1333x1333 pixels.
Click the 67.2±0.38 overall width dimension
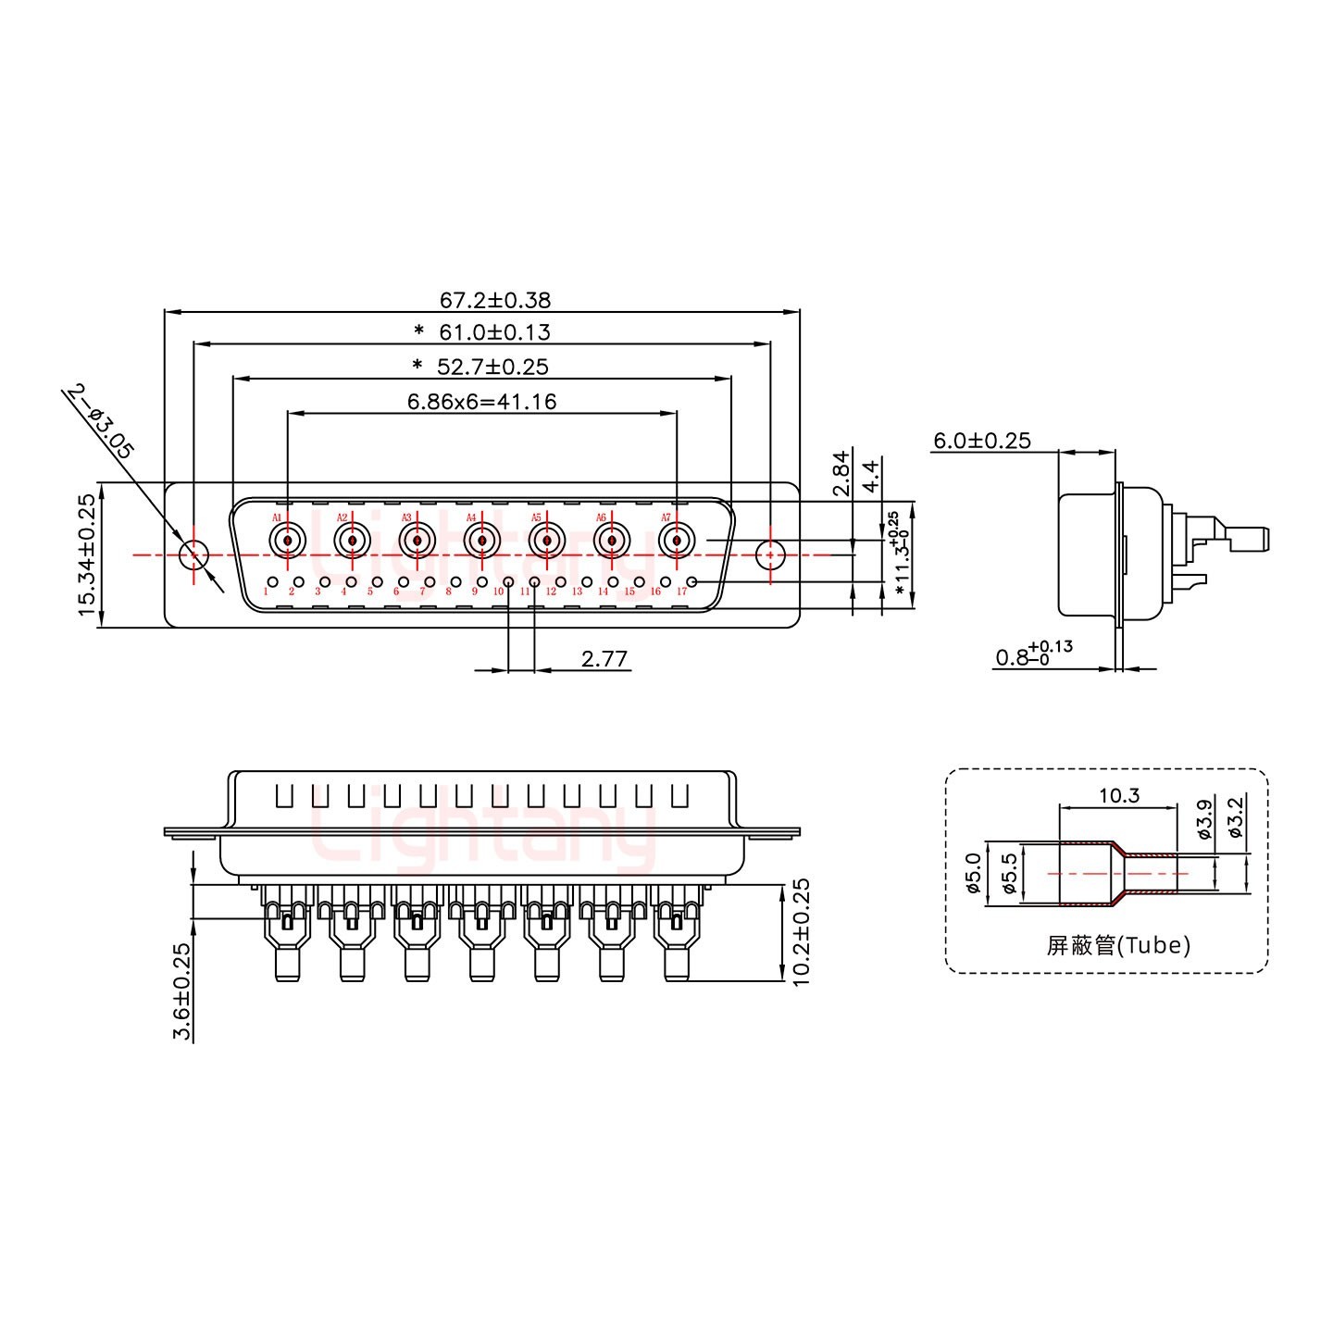(494, 300)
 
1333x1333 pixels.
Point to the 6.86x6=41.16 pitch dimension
(481, 402)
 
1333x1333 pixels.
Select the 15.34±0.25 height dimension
(86, 554)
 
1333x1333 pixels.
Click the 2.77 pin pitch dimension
(604, 659)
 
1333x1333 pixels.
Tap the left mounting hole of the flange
(193, 555)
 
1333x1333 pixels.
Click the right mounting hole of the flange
(769, 555)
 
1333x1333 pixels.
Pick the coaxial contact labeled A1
(287, 540)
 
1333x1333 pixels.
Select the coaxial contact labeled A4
(481, 540)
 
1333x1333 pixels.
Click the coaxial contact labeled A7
(677, 540)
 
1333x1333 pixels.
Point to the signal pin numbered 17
(691, 581)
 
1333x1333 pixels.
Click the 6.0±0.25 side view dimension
(981, 441)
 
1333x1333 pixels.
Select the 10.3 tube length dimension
(1118, 795)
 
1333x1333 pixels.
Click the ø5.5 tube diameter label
(1010, 873)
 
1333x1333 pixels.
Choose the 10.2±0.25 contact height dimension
(801, 931)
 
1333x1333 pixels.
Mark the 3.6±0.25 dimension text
(182, 991)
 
